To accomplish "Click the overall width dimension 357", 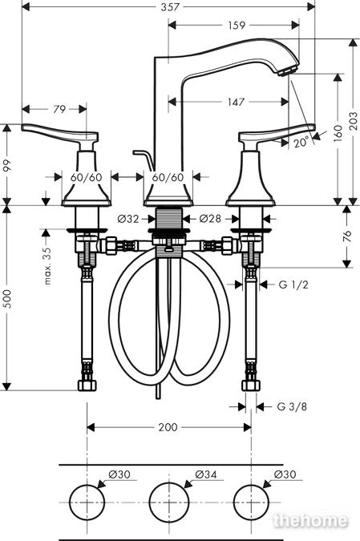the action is [170, 6].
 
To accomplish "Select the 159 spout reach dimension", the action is [237, 25].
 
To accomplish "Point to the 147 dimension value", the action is [236, 102].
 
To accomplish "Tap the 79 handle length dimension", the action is [59, 109].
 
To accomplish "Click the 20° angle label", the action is [301, 142].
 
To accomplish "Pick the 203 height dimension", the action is [354, 120].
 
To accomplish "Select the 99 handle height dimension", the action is [7, 165].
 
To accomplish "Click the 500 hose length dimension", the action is [7, 298].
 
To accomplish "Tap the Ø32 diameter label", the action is [128, 218].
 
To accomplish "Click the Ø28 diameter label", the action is [210, 218].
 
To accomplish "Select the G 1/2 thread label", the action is [293, 285].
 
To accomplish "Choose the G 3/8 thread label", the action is [292, 406].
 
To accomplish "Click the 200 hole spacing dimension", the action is [168, 427].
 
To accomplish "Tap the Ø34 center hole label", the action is [206, 474].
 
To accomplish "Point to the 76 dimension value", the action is [347, 236].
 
